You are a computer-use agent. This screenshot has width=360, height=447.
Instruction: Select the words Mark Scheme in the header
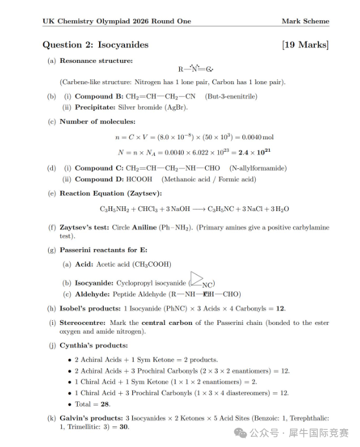[305, 21]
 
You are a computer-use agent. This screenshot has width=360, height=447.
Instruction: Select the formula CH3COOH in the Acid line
[151, 264]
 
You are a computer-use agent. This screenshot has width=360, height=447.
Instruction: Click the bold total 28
[105, 404]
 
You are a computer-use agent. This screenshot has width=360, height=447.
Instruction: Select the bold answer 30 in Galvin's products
[124, 427]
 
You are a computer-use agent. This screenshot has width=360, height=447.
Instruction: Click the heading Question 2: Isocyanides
[95, 45]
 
